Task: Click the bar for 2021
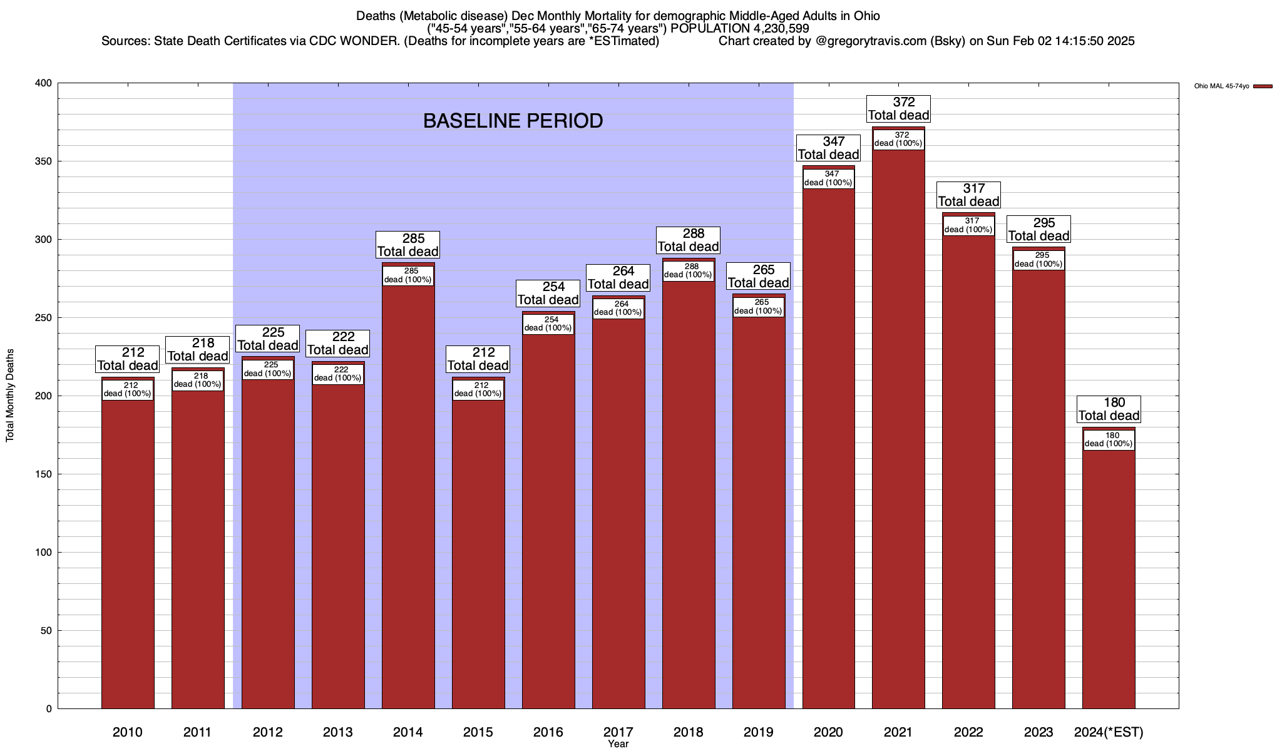[898, 438]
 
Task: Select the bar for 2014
[408, 501]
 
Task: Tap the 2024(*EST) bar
[1109, 576]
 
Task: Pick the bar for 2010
[128, 551]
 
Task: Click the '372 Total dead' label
[898, 109]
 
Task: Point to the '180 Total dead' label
[1109, 409]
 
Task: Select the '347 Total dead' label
[828, 148]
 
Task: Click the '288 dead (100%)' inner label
[688, 270]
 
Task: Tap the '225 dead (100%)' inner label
[268, 369]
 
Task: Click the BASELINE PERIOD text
[513, 121]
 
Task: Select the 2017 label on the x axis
[618, 732]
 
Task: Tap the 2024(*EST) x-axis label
[1109, 732]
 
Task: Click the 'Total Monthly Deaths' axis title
[10, 396]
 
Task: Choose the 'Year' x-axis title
[618, 744]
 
